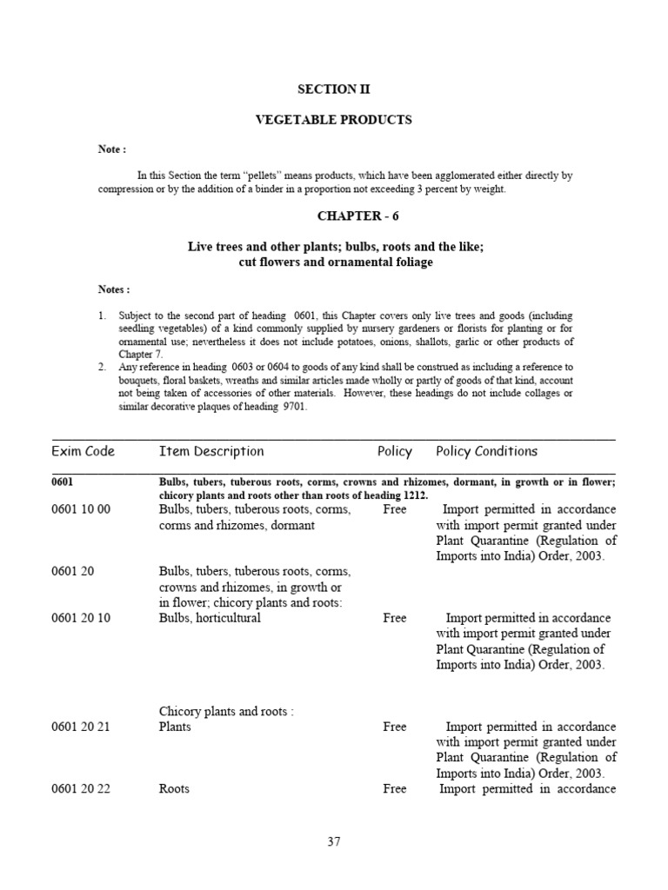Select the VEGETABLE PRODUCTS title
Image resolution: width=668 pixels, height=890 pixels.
pos(334,119)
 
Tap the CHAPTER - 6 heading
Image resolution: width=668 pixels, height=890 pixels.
pos(334,216)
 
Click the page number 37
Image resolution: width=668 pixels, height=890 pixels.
pos(334,841)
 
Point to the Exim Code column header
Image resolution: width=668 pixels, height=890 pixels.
pos(83,451)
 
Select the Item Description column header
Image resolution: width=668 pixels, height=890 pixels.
pos(211,451)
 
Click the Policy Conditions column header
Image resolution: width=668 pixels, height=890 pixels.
pos(486,451)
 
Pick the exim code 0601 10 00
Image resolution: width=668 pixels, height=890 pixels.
pos(81,509)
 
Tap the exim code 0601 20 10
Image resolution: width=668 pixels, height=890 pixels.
pos(81,618)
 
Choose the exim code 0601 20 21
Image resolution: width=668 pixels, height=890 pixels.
pos(81,727)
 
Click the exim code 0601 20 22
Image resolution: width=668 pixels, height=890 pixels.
pos(81,789)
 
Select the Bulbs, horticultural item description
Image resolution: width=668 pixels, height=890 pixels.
pos(210,618)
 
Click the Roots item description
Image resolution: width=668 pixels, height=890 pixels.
pos(174,789)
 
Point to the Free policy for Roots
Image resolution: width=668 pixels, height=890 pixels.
pos(394,789)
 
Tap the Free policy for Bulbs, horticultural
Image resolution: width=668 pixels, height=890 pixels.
pos(394,618)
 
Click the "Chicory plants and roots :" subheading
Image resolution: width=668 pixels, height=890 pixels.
pos(226,712)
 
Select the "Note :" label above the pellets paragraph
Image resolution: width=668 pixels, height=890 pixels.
pos(111,149)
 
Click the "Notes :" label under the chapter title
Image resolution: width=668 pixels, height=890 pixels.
pos(114,289)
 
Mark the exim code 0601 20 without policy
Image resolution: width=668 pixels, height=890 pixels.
pos(71,572)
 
